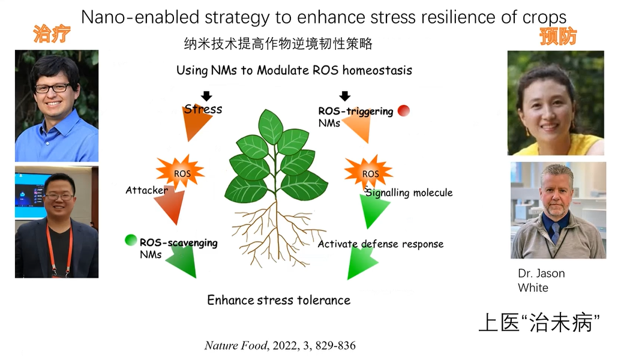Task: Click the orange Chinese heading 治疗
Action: pos(52,34)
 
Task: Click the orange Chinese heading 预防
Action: pos(557,37)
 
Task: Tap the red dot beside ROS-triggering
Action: pos(404,110)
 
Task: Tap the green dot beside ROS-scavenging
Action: pos(131,240)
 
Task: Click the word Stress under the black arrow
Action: pos(203,109)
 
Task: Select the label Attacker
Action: pos(146,190)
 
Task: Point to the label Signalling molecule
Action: pos(409,193)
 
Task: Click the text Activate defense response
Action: pos(380,244)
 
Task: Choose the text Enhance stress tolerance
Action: pos(278,300)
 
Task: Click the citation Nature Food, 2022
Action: pos(280,346)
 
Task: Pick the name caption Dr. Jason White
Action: pos(541,280)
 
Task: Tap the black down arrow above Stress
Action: pos(206,96)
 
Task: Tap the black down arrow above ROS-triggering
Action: pos(344,96)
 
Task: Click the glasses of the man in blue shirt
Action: pos(52,88)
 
